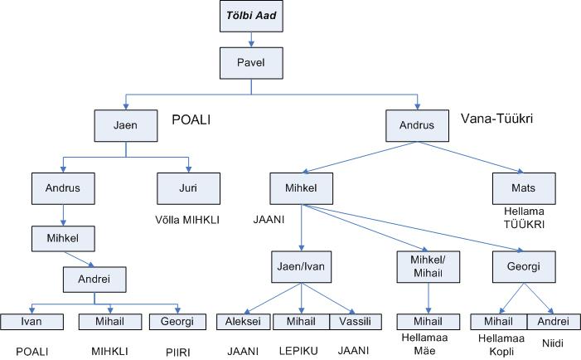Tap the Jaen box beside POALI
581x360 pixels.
click(126, 125)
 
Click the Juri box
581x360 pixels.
click(189, 187)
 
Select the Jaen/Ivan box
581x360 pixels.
click(302, 267)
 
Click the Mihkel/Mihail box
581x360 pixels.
click(428, 267)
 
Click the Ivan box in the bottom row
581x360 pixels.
click(31, 321)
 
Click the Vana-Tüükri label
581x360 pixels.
click(496, 119)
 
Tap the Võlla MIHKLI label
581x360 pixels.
click(189, 221)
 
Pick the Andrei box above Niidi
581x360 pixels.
click(553, 321)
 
